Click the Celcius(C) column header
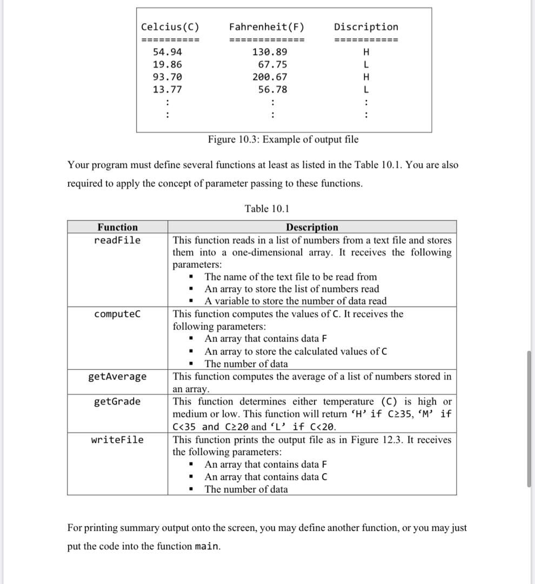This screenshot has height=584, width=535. pyautogui.click(x=170, y=27)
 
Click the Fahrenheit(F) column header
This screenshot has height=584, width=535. pyautogui.click(x=266, y=27)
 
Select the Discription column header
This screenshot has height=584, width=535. pyautogui.click(x=366, y=27)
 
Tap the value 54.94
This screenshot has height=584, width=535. pyautogui.click(x=168, y=52)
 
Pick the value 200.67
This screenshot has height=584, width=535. pyautogui.click(x=270, y=77)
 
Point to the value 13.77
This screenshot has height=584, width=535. pyautogui.click(x=168, y=90)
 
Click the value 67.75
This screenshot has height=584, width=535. pyautogui.click(x=272, y=65)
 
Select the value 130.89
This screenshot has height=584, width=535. pyautogui.click(x=270, y=52)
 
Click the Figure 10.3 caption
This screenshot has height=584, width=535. pyautogui.click(x=283, y=140)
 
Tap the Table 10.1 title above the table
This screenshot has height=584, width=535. pyautogui.click(x=267, y=209)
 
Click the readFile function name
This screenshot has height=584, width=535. pyautogui.click(x=117, y=240)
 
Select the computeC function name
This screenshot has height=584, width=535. pyautogui.click(x=117, y=314)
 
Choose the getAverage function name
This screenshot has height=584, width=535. pyautogui.click(x=117, y=376)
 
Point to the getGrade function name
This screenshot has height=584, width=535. pyautogui.click(x=117, y=401)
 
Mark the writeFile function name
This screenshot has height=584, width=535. pyautogui.click(x=117, y=440)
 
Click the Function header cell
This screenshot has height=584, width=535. pyautogui.click(x=117, y=227)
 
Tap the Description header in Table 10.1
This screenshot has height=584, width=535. pyautogui.click(x=312, y=227)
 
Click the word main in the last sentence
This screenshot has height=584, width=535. pyautogui.click(x=207, y=546)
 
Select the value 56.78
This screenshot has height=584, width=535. pyautogui.click(x=272, y=90)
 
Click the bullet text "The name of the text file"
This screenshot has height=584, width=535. pyautogui.click(x=291, y=277)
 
